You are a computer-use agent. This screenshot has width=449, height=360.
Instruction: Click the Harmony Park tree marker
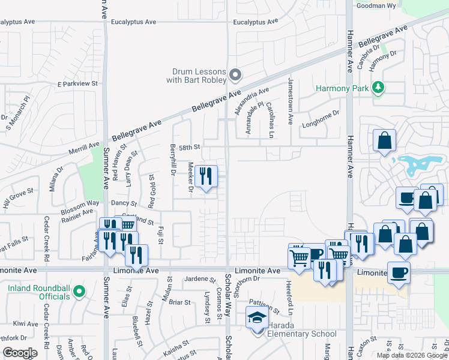click(x=378, y=88)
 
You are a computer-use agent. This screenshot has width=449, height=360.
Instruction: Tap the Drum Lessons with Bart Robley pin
click(x=235, y=76)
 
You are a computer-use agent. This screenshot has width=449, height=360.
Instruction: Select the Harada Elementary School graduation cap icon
click(x=257, y=318)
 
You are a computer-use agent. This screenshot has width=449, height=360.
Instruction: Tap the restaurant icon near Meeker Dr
click(x=206, y=176)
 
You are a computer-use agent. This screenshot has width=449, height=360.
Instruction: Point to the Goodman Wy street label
click(x=376, y=5)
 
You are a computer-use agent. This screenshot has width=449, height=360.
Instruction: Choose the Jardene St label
click(x=200, y=280)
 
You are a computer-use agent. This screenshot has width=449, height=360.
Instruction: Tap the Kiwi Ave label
click(x=25, y=324)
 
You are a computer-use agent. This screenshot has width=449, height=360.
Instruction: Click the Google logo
click(x=20, y=353)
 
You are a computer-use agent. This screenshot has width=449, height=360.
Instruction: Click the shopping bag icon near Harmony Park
click(x=384, y=141)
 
